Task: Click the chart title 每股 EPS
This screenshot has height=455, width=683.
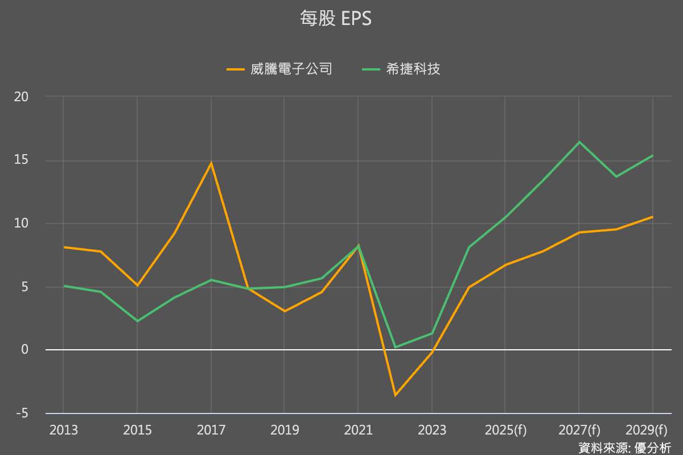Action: [x=336, y=19]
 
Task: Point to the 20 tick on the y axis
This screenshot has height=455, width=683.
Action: [x=21, y=97]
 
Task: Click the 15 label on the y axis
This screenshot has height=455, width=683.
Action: [x=21, y=160]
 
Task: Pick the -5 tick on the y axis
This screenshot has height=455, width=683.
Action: [x=21, y=413]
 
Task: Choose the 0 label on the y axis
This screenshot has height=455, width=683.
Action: [x=24, y=350]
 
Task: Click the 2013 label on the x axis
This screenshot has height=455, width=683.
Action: [x=64, y=431]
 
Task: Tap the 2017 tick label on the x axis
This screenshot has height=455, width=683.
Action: [x=211, y=431]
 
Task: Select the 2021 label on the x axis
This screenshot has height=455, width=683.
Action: [x=358, y=431]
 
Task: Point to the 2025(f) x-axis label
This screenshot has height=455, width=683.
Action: [x=505, y=431]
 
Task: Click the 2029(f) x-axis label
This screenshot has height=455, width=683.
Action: [x=645, y=431]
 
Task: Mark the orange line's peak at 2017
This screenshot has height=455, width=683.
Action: [x=211, y=163]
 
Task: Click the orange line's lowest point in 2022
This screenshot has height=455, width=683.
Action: [x=395, y=395]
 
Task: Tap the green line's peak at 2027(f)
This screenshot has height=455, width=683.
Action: [x=579, y=142]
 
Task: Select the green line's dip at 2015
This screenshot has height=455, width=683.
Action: [x=137, y=321]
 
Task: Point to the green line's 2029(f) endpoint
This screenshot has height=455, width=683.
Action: [x=652, y=155]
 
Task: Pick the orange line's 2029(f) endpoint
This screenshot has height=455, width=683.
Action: [x=652, y=217]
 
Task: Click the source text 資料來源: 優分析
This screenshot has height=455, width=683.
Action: [x=624, y=448]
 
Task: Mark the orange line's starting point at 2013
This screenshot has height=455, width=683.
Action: [x=64, y=247]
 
